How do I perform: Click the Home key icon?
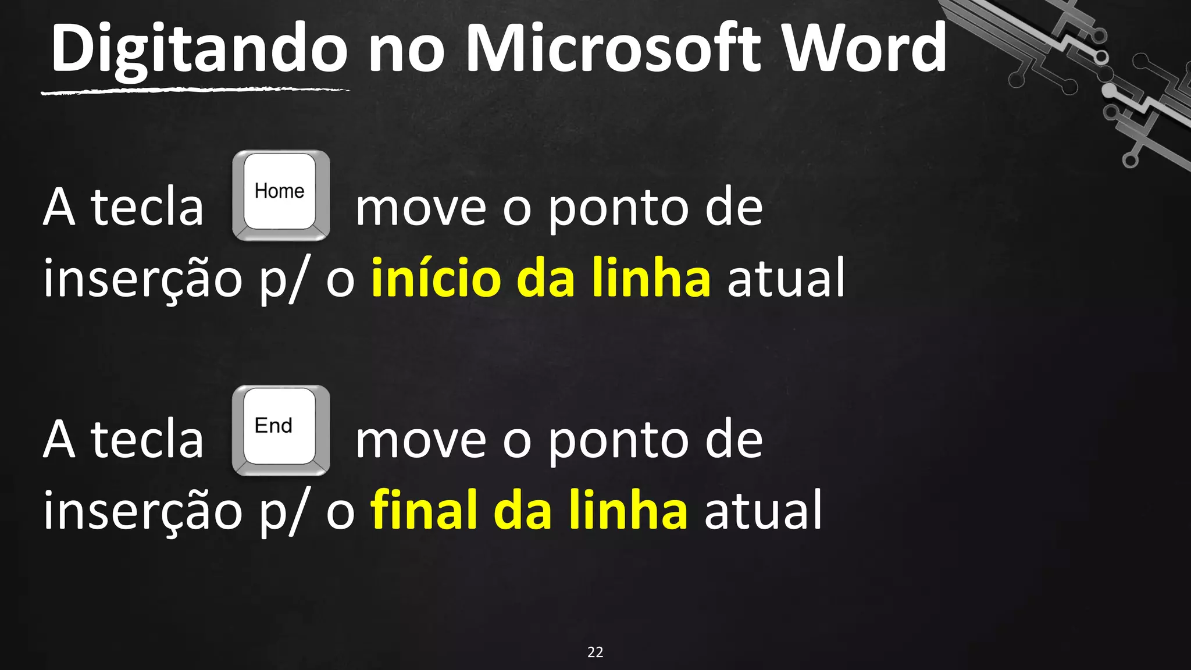(x=281, y=195)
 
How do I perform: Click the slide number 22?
(x=595, y=652)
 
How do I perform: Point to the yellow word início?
(x=436, y=278)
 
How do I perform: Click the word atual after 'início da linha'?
(x=786, y=278)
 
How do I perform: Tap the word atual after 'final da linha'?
(x=763, y=510)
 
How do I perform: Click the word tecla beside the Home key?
(x=147, y=207)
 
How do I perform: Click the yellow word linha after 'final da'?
(x=628, y=510)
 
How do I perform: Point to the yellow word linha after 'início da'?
(x=651, y=278)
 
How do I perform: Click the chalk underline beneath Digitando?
(x=195, y=91)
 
